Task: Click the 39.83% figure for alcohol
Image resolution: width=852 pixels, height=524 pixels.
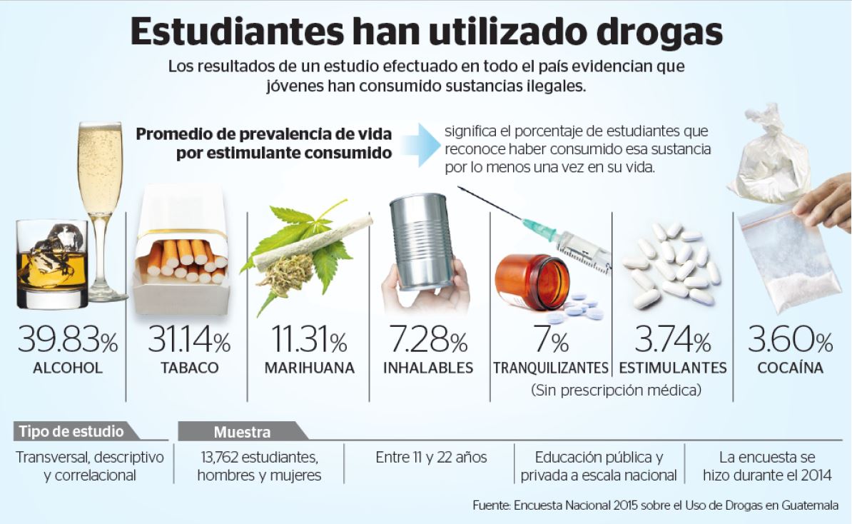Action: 67,341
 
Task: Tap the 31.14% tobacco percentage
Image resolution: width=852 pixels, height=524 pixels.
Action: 188,341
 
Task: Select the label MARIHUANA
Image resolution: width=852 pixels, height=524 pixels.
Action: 309,368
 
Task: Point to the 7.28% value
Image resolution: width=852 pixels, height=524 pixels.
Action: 427,341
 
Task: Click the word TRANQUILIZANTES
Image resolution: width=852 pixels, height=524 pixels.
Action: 550,368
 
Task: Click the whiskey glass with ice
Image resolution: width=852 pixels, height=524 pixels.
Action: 51,263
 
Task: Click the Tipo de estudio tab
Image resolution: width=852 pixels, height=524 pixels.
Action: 71,432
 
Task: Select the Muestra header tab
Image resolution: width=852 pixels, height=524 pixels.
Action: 243,432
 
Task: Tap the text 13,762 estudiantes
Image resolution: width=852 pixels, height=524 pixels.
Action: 258,457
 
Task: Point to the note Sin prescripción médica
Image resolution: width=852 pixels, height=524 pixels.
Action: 616,391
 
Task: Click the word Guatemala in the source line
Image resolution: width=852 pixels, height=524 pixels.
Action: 808,505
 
